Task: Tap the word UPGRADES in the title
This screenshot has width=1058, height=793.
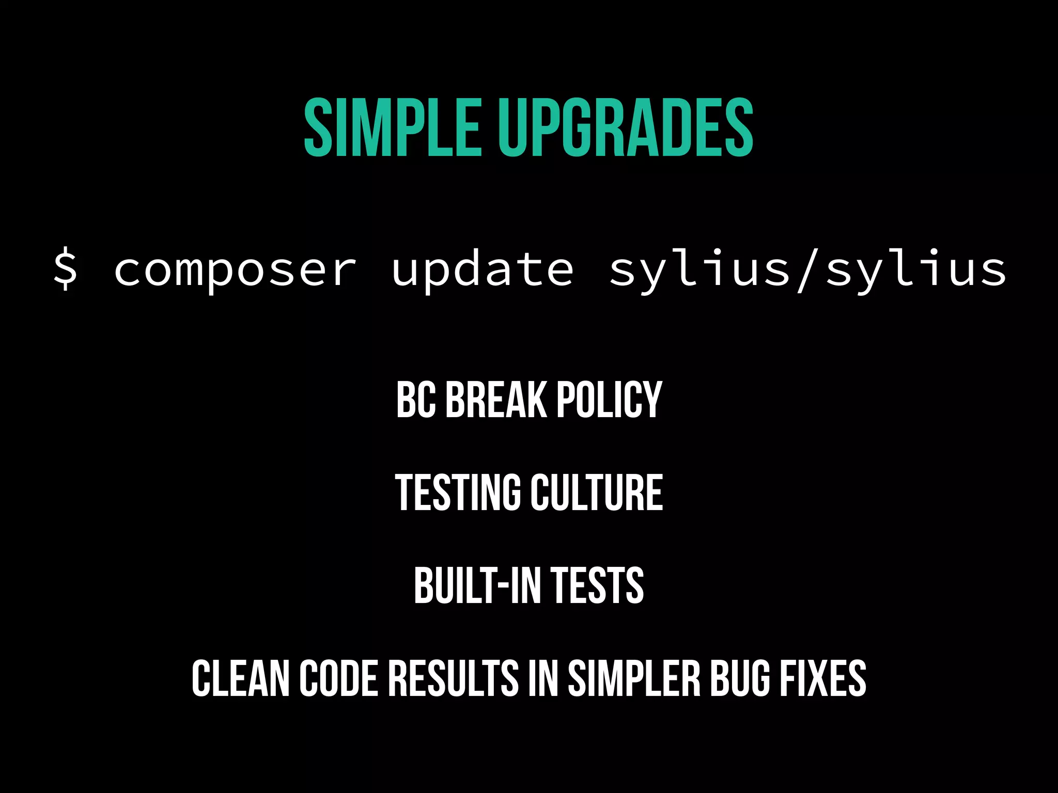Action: pos(626,128)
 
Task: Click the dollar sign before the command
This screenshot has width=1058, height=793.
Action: pos(66,269)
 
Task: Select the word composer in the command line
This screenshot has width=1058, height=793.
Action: pos(235,271)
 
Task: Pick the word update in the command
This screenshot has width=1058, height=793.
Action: pos(483,271)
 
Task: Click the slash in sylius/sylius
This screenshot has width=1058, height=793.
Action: pos(808,269)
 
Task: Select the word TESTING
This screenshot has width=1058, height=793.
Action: pos(458,493)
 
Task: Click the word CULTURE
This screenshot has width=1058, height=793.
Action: pos(597,493)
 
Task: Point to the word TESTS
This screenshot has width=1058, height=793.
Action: pos(597,585)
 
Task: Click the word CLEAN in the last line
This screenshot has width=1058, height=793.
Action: pos(240,678)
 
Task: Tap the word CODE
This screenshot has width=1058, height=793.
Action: pos(339,678)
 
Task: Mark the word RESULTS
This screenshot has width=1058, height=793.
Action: pos(453,678)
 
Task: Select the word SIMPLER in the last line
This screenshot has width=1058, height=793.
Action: pos(634,678)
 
